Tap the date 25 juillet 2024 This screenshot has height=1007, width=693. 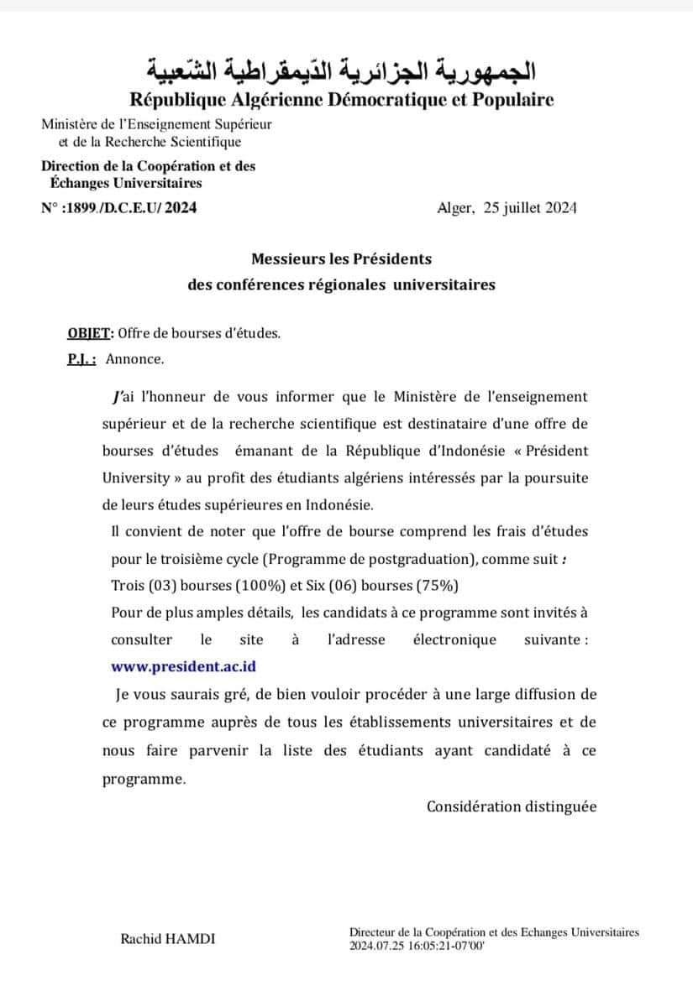530,208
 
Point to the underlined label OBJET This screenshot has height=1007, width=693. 90,332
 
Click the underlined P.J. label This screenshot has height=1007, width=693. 81,359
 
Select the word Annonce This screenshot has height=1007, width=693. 135,359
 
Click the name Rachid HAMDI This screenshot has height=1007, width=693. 168,939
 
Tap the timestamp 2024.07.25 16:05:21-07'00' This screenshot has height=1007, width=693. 417,945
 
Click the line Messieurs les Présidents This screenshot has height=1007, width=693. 341,259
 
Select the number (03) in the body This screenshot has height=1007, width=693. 159,585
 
